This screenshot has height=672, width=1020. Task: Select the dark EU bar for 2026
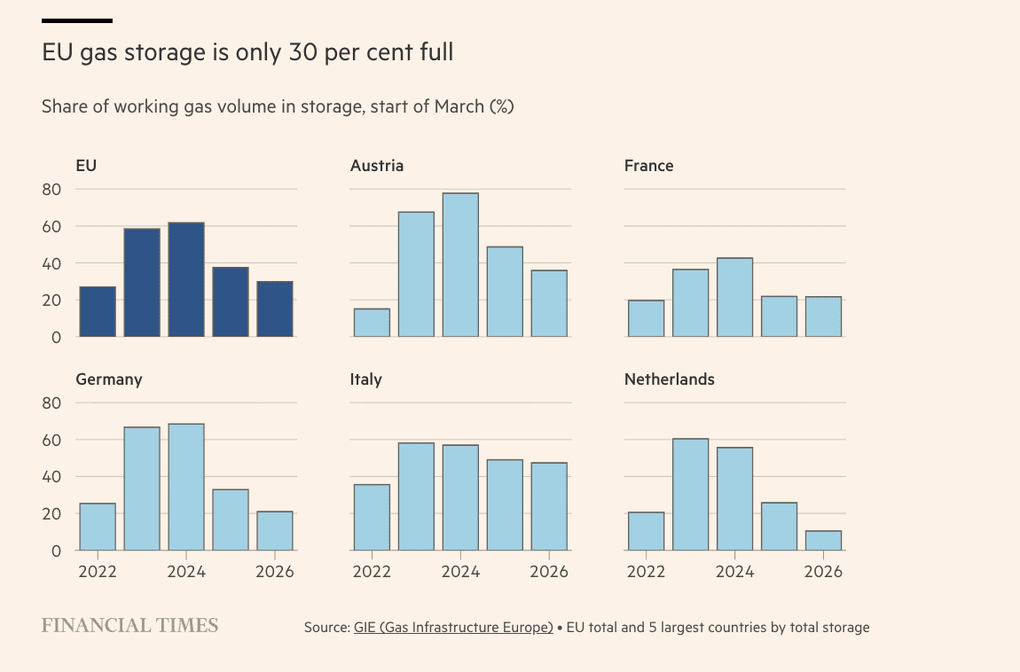(x=275, y=309)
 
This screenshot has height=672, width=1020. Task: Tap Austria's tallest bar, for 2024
(x=460, y=265)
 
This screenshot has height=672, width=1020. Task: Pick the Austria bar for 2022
(x=372, y=323)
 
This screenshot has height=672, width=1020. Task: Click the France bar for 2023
(x=690, y=303)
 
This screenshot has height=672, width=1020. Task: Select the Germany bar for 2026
(x=275, y=531)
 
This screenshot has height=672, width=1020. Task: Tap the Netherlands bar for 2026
(x=823, y=541)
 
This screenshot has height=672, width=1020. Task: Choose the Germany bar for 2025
(x=231, y=520)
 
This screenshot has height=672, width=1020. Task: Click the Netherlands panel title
(x=669, y=379)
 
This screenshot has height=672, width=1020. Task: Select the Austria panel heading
(x=377, y=166)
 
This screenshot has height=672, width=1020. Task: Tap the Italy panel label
(x=366, y=379)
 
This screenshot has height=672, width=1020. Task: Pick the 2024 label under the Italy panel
(x=460, y=572)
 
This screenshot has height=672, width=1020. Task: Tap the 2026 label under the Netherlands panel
(x=823, y=572)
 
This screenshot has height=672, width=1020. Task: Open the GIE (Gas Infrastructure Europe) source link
(x=453, y=628)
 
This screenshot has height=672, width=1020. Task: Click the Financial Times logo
(x=129, y=626)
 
